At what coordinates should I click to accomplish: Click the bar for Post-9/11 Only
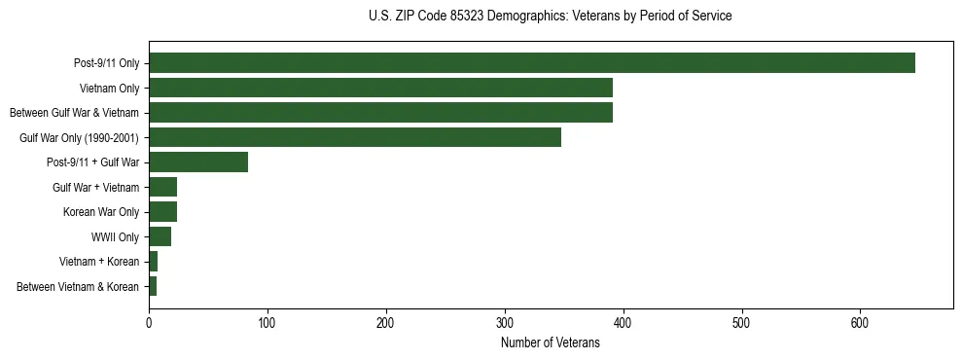tap(531, 63)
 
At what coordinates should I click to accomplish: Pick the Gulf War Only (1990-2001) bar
tap(355, 137)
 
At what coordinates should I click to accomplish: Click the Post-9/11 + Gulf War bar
tap(198, 162)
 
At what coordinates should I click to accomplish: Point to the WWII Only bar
tap(160, 236)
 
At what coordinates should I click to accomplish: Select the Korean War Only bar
tap(162, 212)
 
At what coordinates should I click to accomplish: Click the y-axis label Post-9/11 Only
tap(106, 64)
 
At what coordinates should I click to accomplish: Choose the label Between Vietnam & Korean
tap(78, 287)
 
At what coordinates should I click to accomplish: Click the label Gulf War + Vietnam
tap(95, 187)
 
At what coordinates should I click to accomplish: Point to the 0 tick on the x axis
tap(149, 322)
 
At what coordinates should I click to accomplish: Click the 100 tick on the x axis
tap(267, 322)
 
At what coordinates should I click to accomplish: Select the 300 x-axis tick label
tap(505, 322)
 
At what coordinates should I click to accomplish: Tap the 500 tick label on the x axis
tap(741, 322)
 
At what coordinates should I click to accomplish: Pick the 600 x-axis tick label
tap(860, 322)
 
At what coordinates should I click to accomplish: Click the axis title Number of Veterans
tap(551, 342)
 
